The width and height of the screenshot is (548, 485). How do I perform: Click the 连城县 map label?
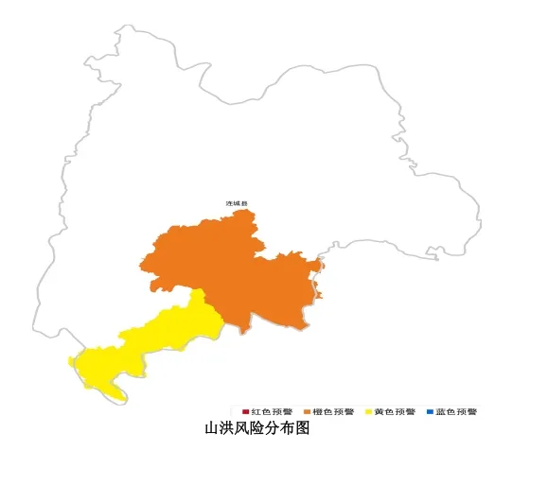click(x=236, y=203)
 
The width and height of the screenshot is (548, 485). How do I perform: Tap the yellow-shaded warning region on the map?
click(x=151, y=345)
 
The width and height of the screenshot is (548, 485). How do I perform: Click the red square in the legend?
click(x=245, y=412)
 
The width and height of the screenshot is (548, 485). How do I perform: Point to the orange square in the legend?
click(x=306, y=412)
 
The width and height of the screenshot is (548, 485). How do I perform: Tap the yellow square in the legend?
click(x=368, y=412)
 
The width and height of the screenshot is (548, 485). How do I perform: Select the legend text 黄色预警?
click(x=395, y=412)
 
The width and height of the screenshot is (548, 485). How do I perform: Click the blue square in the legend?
click(x=430, y=412)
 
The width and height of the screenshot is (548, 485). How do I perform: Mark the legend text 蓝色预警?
click(x=457, y=412)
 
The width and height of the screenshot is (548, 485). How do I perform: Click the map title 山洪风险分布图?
click(x=257, y=429)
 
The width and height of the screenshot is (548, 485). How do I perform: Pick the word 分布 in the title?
click(x=280, y=429)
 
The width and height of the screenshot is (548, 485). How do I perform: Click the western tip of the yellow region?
click(x=72, y=361)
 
